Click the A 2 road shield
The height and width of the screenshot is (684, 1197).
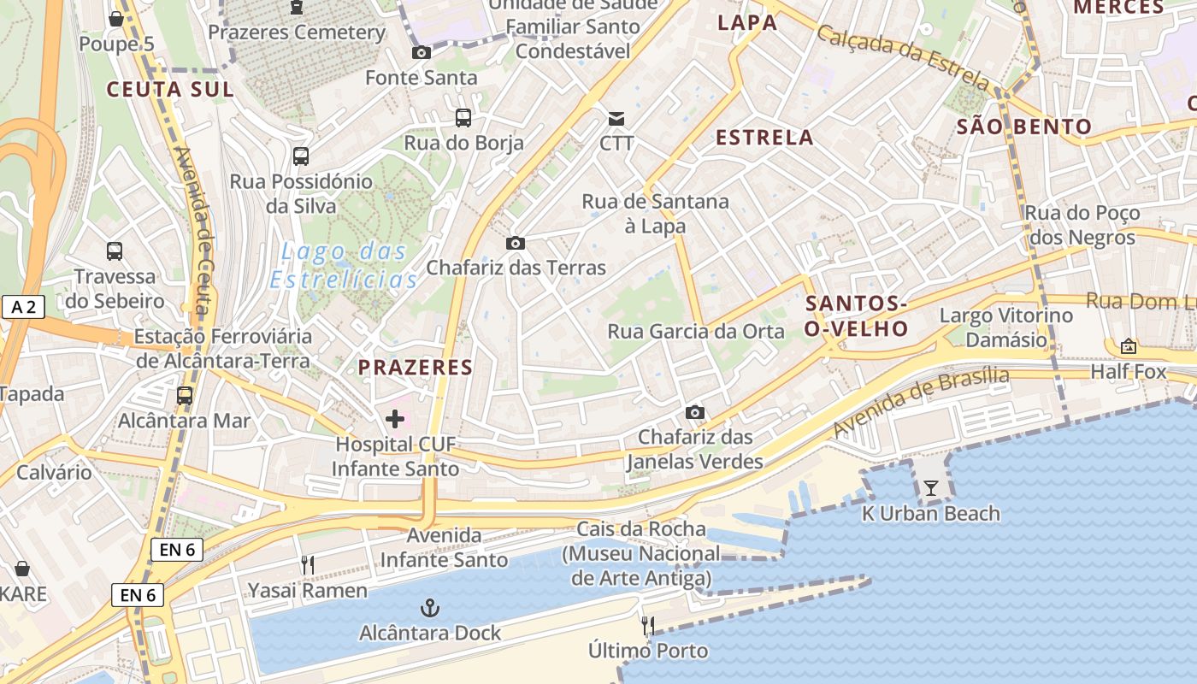[23, 307]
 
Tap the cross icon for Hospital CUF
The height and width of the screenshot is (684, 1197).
[395, 419]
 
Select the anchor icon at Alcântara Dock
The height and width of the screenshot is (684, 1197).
[430, 608]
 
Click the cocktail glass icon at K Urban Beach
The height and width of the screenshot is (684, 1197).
[931, 488]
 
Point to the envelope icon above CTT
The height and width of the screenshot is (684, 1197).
[616, 118]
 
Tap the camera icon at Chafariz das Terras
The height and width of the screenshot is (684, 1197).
[515, 244]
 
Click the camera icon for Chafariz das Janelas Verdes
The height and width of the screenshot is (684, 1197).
[695, 413]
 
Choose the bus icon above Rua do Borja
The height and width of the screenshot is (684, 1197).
[463, 118]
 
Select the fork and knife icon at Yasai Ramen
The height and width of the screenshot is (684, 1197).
[308, 565]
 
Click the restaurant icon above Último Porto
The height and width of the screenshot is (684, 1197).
[648, 626]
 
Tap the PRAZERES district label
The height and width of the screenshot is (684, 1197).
[415, 368]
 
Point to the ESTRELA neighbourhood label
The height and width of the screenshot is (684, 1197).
[764, 138]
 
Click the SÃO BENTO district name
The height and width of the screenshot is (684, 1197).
[1024, 127]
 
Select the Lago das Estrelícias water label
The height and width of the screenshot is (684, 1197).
[344, 266]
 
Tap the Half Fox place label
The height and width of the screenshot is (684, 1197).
[1128, 371]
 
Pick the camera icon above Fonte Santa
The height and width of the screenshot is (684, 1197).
[421, 53]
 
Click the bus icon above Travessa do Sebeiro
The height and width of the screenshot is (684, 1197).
[115, 251]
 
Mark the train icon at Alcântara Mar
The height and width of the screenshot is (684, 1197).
[184, 396]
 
